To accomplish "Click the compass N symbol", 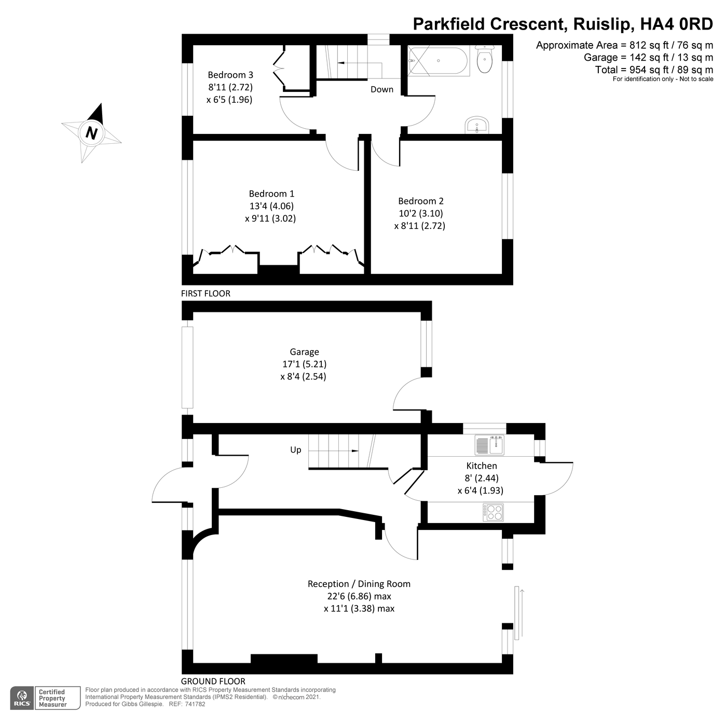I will pos(91,133).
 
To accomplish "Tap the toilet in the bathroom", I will pos(484,59).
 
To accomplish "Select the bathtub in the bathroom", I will pos(439,61).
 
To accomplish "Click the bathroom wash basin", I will pos(476,126).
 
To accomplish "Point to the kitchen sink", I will pos(489,445).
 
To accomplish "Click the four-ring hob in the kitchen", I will pos(493,512).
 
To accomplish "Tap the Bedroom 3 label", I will pos(230,75).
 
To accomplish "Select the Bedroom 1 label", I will pos(271,194).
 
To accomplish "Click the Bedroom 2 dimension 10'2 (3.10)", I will pos(420,213).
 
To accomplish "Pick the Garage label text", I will pos(304,352).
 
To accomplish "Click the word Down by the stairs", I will pos(382,89).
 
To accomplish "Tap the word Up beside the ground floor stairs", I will pos(295,450).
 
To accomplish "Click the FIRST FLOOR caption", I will pos(206,293).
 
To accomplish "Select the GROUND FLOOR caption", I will pos(213,681).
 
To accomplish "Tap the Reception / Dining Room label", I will pos(359,584).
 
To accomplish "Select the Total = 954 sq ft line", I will pos(654,70).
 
